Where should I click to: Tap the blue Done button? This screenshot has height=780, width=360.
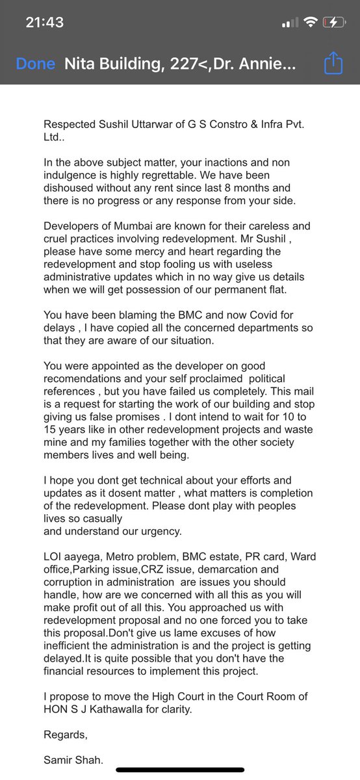click(36, 64)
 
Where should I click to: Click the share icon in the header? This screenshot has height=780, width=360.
click(333, 64)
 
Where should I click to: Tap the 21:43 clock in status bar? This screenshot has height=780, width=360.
click(44, 22)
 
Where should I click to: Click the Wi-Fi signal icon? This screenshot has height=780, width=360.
click(311, 22)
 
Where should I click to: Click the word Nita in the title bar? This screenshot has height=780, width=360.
click(79, 64)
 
